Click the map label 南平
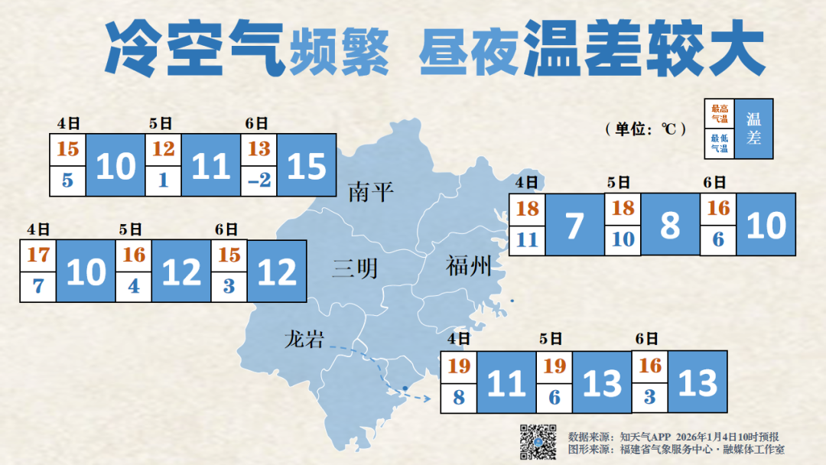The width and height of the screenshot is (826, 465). [371, 192]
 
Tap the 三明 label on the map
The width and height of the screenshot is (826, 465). [355, 268]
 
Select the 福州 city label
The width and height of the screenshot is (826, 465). [468, 267]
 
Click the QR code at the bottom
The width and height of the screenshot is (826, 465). [538, 441]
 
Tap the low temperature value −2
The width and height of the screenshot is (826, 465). [259, 181]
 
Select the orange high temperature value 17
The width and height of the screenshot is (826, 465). [37, 255]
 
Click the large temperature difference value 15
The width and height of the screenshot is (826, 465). [307, 166]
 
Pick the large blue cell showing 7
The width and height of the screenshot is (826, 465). [574, 225]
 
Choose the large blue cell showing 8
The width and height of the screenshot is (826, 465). [670, 225]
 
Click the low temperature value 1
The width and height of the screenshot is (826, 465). [164, 181]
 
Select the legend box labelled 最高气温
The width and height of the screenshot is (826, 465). [720, 114]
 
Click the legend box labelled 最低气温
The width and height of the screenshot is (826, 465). [720, 143]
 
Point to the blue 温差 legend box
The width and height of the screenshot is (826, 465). [754, 128]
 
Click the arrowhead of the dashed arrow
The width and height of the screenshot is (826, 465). [424, 398]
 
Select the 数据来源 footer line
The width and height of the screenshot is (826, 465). [673, 437]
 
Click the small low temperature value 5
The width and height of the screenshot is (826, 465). [68, 181]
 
